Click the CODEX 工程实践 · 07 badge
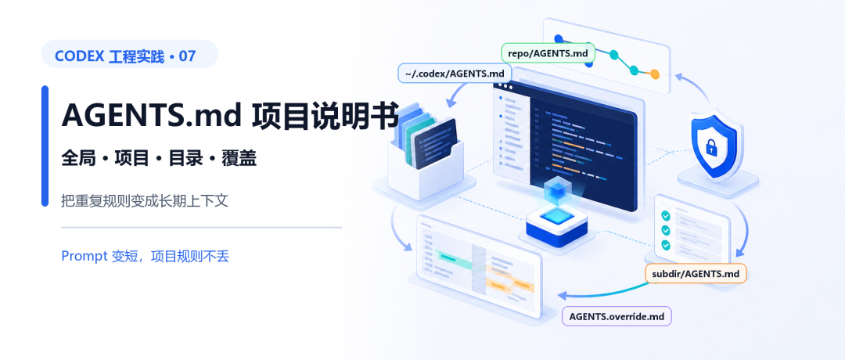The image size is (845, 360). [x=129, y=54]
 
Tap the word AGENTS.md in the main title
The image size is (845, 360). [x=152, y=115]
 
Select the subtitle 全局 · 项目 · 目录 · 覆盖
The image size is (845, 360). [x=159, y=158]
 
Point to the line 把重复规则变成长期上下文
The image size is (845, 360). [x=145, y=201]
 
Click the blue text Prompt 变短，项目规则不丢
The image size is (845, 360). [x=146, y=256]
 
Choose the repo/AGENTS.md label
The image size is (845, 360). [x=548, y=53]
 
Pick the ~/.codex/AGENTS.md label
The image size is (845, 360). [x=455, y=74]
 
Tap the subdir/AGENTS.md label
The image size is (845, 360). [x=696, y=274]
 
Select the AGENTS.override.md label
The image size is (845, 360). [x=617, y=316]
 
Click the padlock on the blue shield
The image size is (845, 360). [x=712, y=146]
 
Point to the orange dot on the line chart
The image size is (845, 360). [x=655, y=74]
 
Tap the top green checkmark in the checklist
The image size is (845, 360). [x=666, y=215]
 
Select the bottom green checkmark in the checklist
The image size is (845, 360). [x=666, y=245]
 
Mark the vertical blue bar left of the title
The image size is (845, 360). [x=45, y=146]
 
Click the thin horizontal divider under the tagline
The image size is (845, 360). [x=202, y=228]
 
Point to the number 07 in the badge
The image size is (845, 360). [x=187, y=56]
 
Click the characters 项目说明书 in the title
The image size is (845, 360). [x=325, y=115]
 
